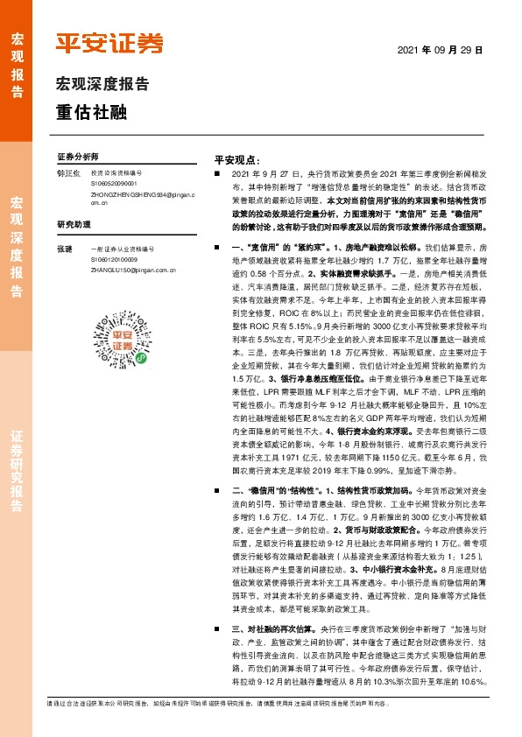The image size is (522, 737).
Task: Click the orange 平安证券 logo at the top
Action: pyautogui.click(x=109, y=43)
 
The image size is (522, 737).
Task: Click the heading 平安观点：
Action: pyautogui.click(x=236, y=161)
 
